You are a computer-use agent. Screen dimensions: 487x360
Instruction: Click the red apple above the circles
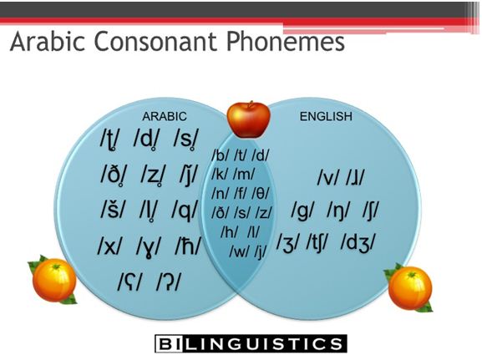pos(248,119)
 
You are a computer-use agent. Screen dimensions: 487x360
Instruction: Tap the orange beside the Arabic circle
pos(53,279)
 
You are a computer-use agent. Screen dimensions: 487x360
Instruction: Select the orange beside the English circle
pos(409,287)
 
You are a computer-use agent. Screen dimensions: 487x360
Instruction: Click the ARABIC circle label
pos(165,116)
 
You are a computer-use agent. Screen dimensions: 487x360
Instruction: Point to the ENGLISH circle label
pos(326,116)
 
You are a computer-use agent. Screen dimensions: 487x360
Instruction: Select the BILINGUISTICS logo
pos(251,343)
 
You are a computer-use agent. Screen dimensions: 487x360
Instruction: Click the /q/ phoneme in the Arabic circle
pos(185,210)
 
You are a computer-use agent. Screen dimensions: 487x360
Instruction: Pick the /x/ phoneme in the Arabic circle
pos(110,246)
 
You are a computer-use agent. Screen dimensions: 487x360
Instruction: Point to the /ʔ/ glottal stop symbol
pos(168,281)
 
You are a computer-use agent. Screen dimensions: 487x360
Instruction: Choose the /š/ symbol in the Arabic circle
pos(113,209)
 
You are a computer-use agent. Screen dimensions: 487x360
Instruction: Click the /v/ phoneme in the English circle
pos(328,178)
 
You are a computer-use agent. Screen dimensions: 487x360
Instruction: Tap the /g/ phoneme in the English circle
pos(303,210)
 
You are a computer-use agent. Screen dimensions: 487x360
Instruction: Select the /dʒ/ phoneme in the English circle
pos(358,242)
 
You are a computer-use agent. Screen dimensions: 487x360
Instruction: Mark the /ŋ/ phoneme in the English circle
pos(338,210)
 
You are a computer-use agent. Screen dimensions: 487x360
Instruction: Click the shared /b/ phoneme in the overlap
pos(221,155)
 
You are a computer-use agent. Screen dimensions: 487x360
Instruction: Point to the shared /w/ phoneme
pos(240,251)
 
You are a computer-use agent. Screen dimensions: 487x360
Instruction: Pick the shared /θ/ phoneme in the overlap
pos(261,194)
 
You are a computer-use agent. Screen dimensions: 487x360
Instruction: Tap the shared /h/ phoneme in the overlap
pos(230,232)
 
